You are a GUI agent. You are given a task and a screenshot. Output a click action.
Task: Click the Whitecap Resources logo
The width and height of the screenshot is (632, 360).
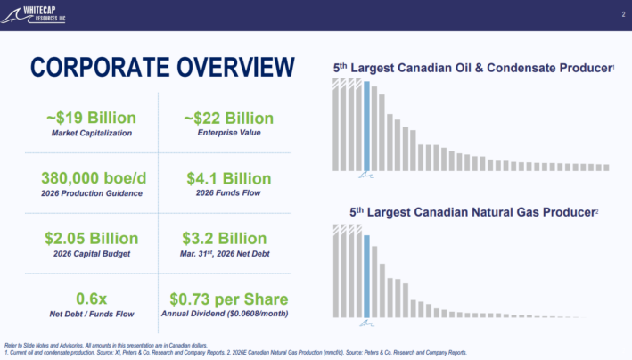(x=33, y=15)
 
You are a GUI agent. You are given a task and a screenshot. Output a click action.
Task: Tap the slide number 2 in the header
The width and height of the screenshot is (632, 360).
(x=623, y=14)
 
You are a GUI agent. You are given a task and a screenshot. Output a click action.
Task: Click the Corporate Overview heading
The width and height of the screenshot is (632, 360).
(x=162, y=67)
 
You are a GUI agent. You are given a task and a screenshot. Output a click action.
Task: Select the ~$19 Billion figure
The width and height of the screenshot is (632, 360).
(x=92, y=118)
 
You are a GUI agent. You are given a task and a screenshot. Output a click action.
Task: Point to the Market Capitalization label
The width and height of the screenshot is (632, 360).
(x=92, y=133)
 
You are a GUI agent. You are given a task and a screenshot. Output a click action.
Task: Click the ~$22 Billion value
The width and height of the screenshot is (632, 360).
(x=228, y=119)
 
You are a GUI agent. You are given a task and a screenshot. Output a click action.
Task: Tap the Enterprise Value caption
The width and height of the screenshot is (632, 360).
(x=229, y=133)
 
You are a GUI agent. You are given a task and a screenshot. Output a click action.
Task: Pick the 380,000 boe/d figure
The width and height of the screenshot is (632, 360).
(x=94, y=178)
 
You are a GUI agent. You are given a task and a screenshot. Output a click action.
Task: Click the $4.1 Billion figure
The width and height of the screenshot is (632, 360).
(x=228, y=178)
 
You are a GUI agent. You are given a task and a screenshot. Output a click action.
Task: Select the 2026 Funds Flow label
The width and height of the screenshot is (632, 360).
(x=228, y=193)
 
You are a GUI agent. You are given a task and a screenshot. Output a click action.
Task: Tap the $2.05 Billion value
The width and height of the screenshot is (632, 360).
(x=92, y=239)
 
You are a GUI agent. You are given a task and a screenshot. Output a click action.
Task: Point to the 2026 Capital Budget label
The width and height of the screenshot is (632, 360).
(x=92, y=254)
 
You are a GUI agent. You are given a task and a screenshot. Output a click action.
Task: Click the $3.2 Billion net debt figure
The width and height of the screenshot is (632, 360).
(x=224, y=239)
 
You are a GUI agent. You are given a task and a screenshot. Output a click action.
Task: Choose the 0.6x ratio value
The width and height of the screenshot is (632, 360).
(x=92, y=299)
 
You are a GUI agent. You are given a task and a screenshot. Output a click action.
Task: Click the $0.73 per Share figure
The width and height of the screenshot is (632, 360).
(x=228, y=299)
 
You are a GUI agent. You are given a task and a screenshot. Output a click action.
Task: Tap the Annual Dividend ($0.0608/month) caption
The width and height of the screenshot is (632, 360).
(x=225, y=314)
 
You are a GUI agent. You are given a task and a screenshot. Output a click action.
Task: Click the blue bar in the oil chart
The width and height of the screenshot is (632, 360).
(x=366, y=127)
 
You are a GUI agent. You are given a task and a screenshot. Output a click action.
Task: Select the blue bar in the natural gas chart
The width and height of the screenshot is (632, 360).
(x=366, y=276)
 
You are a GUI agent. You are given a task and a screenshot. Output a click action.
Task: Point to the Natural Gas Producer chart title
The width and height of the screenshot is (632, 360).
(x=473, y=212)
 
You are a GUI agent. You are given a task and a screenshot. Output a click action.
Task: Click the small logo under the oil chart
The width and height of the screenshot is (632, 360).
(x=366, y=175)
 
